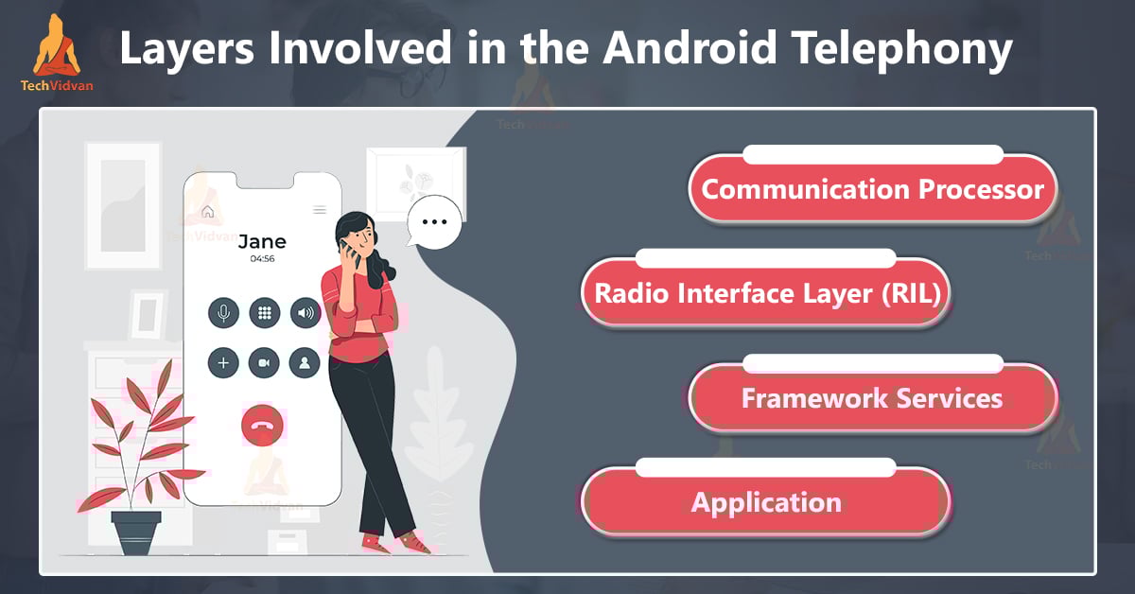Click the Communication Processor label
click(x=872, y=190)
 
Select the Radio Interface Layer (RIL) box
click(x=765, y=294)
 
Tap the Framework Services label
click(x=871, y=398)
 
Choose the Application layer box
click(x=765, y=501)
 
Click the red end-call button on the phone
click(x=262, y=427)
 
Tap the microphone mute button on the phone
click(x=223, y=313)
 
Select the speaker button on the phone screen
click(x=305, y=313)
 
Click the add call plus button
click(x=223, y=363)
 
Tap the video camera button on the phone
click(x=264, y=363)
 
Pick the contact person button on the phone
click(x=305, y=363)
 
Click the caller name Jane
click(x=262, y=241)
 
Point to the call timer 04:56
click(x=262, y=258)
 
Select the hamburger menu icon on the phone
click(x=320, y=210)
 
